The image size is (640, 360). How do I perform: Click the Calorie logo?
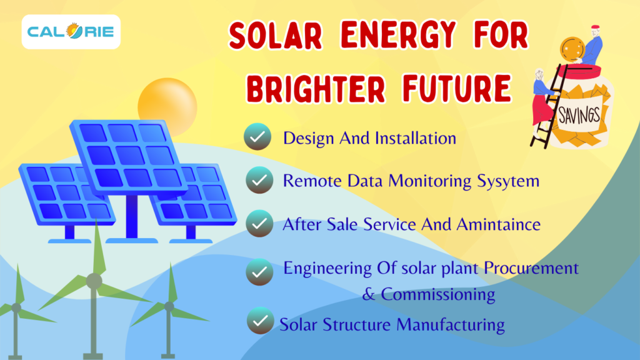click(x=71, y=32)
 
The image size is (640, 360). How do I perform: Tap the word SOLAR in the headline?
click(x=276, y=36)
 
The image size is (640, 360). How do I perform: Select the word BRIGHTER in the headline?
click(x=316, y=89)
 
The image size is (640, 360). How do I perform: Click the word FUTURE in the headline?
click(x=457, y=88)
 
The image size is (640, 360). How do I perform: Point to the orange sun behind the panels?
click(x=167, y=105)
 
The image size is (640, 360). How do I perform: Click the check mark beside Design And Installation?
click(x=257, y=136)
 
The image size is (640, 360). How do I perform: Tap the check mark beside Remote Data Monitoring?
click(x=259, y=180)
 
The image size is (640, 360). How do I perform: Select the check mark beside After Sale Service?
click(x=259, y=223)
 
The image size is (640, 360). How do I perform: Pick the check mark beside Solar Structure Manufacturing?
click(x=261, y=321)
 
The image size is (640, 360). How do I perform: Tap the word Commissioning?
click(x=438, y=294)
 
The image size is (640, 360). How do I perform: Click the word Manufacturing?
click(x=451, y=325)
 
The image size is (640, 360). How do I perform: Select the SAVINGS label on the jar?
click(x=579, y=116)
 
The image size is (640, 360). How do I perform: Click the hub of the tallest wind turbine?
click(x=94, y=281)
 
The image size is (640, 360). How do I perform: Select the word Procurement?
click(x=531, y=268)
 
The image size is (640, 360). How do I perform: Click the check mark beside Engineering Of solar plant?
click(x=259, y=272)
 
